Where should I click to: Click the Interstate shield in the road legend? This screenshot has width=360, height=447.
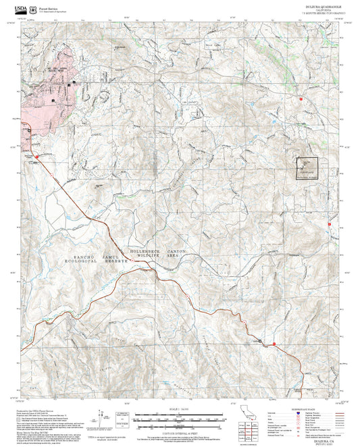[299, 411]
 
